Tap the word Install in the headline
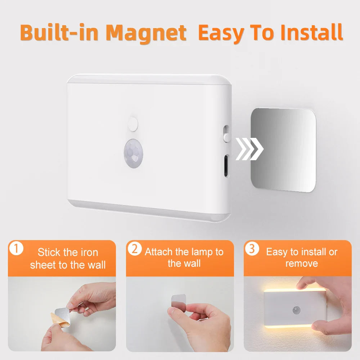point(311,33)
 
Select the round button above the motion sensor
point(133,123)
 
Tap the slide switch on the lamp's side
point(226,134)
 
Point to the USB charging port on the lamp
point(226,165)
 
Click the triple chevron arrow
point(249,149)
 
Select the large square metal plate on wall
point(283,150)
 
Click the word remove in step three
point(302,264)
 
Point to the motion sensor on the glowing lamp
point(297,309)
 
